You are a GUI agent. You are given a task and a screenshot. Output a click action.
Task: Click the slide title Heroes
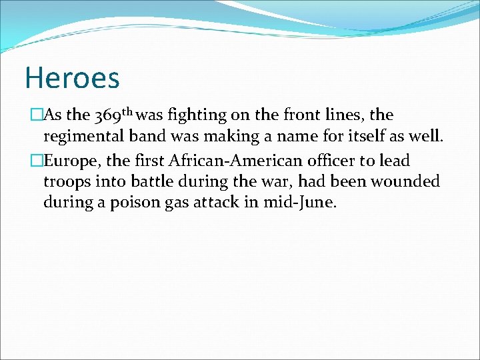(x=72, y=77)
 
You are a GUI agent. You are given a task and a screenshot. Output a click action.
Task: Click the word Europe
(x=69, y=161)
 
